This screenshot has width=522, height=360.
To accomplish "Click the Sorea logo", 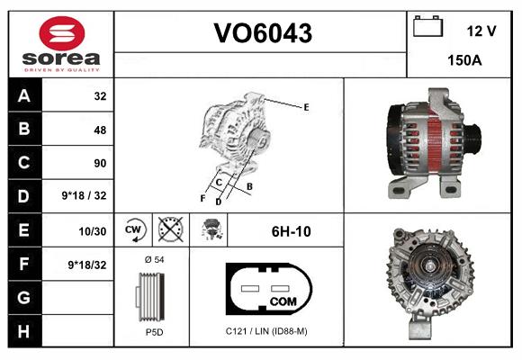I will click(x=61, y=45).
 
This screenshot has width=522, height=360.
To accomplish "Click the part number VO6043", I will click(x=262, y=33).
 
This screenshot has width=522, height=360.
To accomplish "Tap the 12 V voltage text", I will click(x=481, y=31).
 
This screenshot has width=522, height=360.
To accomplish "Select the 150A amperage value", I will click(x=463, y=61).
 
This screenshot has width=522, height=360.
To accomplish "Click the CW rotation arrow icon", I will click(x=133, y=230).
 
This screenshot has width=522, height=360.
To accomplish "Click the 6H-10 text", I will click(x=291, y=231).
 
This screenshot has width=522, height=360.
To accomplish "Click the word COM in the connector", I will click(x=283, y=301).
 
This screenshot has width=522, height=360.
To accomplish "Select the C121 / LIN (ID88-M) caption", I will click(x=265, y=332).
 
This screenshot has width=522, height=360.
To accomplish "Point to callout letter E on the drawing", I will click(x=306, y=107).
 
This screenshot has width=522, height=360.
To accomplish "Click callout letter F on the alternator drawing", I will click(x=202, y=197).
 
